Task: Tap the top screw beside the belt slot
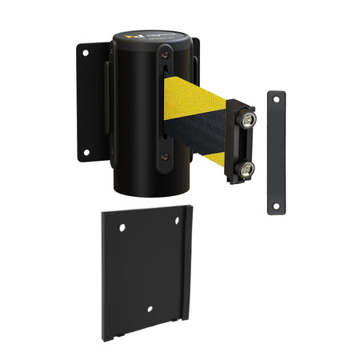(x=163, y=54)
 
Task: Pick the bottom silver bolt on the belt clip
(x=246, y=168)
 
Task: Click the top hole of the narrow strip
(x=277, y=98)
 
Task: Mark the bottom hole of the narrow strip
(x=277, y=206)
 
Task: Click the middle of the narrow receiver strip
(x=277, y=152)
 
